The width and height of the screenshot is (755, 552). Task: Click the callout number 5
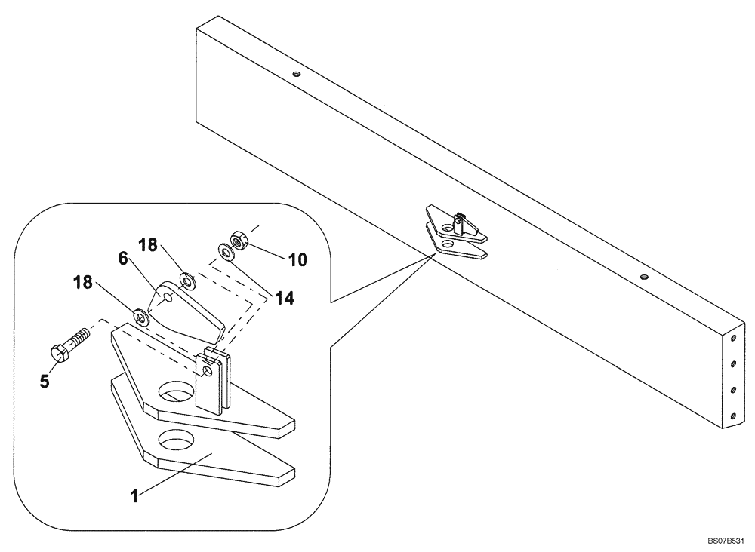coord(45,381)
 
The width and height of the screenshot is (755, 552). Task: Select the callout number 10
coord(297,260)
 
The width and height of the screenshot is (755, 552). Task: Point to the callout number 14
coord(284,298)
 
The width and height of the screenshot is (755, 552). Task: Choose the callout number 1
coord(134,497)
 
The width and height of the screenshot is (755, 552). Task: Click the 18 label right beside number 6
coord(149,246)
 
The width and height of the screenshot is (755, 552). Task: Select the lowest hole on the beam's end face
coord(732,413)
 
